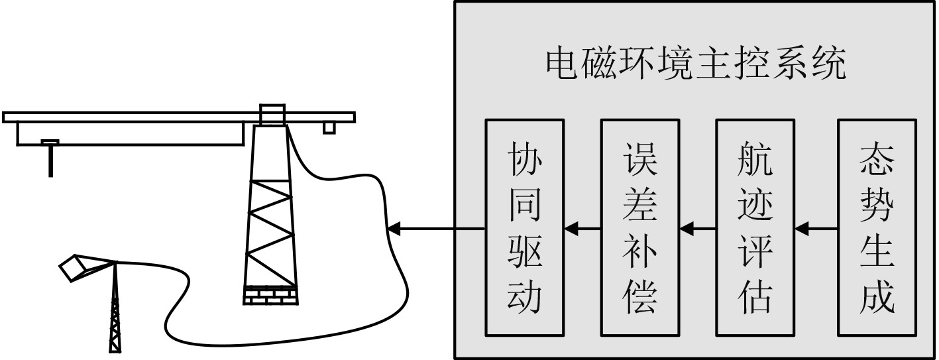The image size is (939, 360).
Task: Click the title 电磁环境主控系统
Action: pyautogui.click(x=695, y=65)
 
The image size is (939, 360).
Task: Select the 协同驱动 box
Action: pyautogui.click(x=524, y=227)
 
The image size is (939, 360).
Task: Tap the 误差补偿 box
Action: pyautogui.click(x=639, y=227)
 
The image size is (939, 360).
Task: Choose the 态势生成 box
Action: pyautogui.click(x=877, y=227)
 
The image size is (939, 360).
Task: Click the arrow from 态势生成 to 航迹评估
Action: pyautogui.click(x=816, y=229)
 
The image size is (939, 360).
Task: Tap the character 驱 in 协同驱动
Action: pyautogui.click(x=524, y=253)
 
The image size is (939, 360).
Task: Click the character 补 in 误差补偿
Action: pyautogui.click(x=639, y=253)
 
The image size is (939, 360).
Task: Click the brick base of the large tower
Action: pyautogui.click(x=270, y=295)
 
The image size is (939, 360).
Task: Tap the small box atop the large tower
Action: pyautogui.click(x=272, y=115)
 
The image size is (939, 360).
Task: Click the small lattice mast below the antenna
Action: pyautogui.click(x=116, y=312)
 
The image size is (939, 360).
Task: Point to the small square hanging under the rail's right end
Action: pyautogui.click(x=329, y=128)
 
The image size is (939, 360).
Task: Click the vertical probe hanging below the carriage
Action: pyautogui.click(x=50, y=159)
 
